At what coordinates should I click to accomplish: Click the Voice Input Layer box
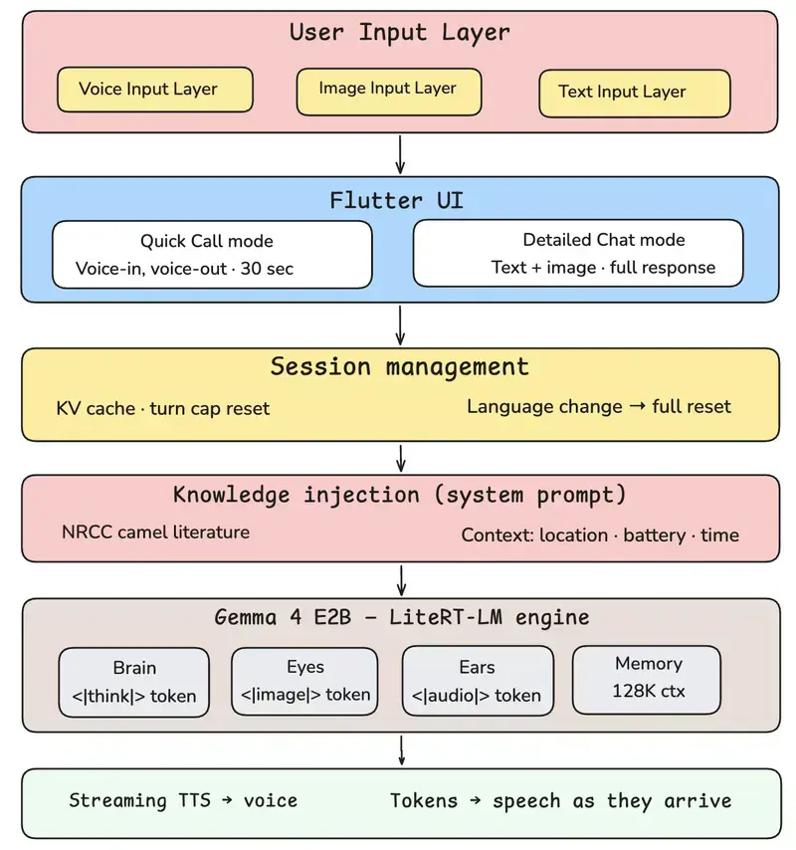click(155, 90)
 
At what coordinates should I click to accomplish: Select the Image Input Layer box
click(388, 92)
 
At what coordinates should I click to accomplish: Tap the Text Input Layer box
click(635, 94)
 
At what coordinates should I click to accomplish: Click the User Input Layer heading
click(399, 32)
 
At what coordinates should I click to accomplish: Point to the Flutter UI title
click(397, 200)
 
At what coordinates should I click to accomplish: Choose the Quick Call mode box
click(212, 254)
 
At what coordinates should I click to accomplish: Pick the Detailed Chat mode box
click(578, 253)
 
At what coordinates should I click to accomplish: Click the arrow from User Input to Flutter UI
click(400, 155)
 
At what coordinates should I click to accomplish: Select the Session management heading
click(399, 367)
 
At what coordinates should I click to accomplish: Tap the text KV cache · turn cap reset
click(162, 408)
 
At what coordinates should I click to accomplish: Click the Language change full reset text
click(599, 406)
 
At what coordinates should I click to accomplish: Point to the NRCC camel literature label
click(155, 531)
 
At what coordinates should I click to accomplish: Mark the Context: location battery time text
click(600, 535)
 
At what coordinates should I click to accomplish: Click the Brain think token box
click(134, 682)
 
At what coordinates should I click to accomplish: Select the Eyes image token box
click(304, 682)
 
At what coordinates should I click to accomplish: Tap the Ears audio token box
click(478, 681)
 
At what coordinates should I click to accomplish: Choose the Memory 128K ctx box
click(647, 679)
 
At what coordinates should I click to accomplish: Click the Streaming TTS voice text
click(183, 800)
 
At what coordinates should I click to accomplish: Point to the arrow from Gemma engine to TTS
click(402, 750)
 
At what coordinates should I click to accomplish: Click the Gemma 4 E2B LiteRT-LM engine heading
click(402, 617)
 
